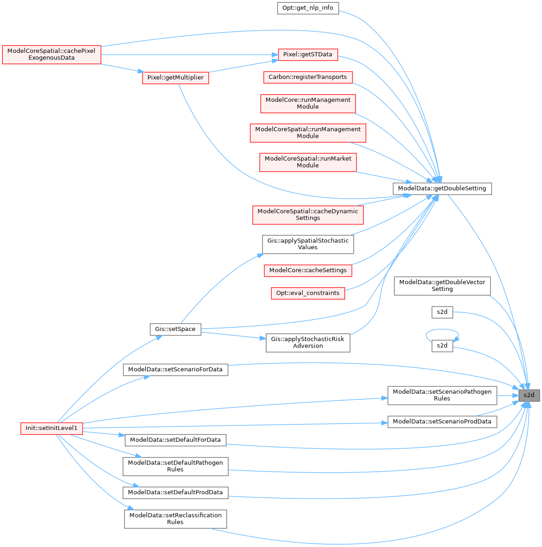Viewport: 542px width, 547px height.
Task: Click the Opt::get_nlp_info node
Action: (307, 8)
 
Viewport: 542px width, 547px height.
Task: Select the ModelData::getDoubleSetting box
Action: (442, 188)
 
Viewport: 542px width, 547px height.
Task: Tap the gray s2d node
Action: (529, 395)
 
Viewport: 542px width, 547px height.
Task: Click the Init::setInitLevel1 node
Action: (51, 428)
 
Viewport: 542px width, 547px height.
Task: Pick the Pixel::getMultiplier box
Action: (175, 78)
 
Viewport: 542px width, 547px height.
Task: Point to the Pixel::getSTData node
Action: (307, 54)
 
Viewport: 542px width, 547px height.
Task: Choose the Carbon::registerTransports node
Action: (307, 77)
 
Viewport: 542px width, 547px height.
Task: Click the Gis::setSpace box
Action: (175, 329)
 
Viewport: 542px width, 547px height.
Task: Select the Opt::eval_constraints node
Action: (307, 293)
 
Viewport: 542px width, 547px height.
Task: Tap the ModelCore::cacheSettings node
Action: (307, 270)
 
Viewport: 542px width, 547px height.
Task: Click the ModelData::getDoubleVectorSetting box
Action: (442, 285)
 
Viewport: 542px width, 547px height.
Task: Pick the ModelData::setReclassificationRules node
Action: (175, 519)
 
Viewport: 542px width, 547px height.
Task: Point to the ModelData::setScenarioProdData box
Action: (442, 421)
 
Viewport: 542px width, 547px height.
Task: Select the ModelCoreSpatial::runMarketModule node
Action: (307, 162)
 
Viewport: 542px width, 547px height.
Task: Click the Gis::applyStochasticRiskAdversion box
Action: (307, 342)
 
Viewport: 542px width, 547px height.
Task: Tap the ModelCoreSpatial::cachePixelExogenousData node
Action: (51, 55)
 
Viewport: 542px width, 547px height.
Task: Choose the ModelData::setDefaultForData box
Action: (175, 440)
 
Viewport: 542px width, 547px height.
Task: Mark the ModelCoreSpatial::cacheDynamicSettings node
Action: (307, 214)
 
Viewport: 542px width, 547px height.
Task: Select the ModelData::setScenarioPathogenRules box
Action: (442, 395)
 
